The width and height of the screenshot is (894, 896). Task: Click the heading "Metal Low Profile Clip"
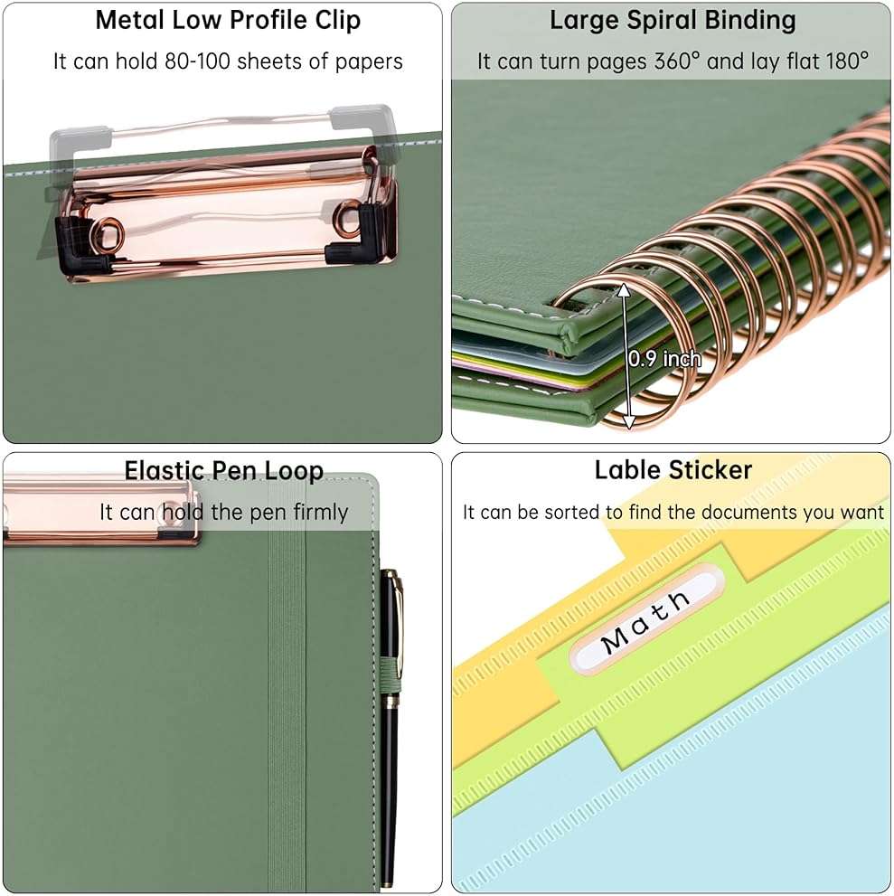coord(228,21)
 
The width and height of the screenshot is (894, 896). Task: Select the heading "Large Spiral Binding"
coord(673,21)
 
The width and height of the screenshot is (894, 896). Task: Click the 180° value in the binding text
coord(846,61)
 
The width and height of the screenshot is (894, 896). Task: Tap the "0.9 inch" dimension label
coord(664,359)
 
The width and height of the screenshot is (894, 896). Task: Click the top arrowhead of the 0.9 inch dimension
coord(625,289)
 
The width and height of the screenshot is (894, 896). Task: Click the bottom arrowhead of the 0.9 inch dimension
coord(628,422)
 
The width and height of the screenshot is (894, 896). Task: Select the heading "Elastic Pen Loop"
coord(224,471)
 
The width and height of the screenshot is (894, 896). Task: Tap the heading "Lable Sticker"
coord(673,470)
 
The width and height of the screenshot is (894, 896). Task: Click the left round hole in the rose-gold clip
coord(107,233)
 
